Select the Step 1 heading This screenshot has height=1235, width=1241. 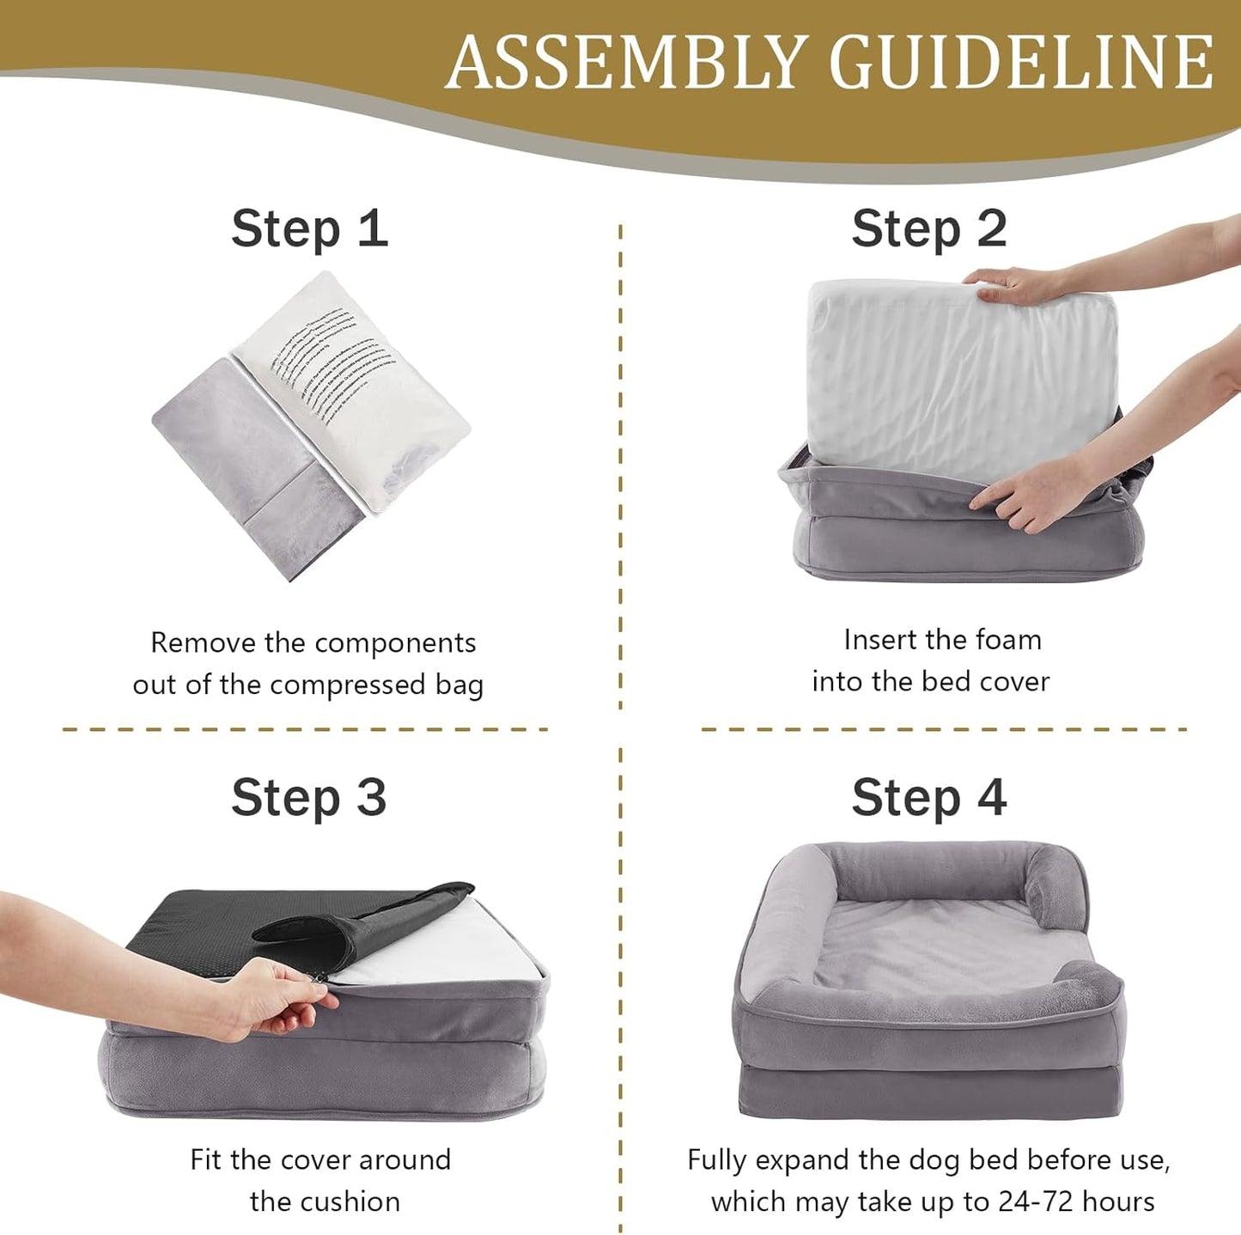pyautogui.click(x=309, y=228)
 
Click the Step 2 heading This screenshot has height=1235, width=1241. pyautogui.click(x=929, y=228)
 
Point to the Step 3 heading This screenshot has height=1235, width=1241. pyautogui.click(x=309, y=798)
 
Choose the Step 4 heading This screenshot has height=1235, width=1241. pyautogui.click(x=929, y=798)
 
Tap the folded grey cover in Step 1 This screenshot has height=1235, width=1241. pyautogui.click(x=245, y=464)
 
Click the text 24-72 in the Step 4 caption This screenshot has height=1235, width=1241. pyautogui.click(x=1034, y=1202)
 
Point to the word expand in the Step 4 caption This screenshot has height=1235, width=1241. pyautogui.click(x=802, y=1160)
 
